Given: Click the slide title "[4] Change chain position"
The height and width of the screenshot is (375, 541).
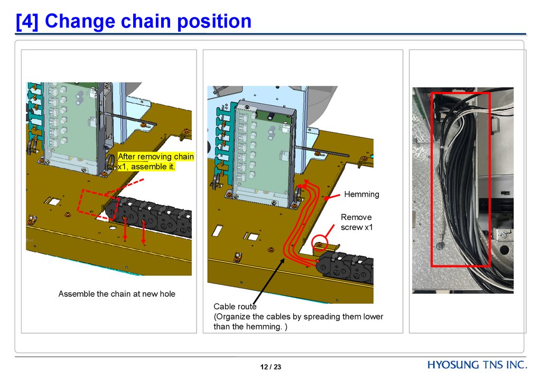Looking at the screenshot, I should click(134, 21).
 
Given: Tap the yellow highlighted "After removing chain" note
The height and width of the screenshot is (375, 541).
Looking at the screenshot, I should click(155, 157).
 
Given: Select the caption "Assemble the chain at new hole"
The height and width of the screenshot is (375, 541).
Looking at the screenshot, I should click(117, 294).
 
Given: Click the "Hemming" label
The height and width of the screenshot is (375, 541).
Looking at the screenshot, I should click(361, 194).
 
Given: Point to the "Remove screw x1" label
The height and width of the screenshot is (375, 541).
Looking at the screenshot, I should click(356, 222).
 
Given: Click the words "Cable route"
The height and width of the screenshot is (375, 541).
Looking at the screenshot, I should click(235, 307).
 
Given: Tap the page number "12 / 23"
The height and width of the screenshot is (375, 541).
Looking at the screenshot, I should click(270, 367).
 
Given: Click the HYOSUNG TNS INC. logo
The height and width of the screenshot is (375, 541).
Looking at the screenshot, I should click(477, 365).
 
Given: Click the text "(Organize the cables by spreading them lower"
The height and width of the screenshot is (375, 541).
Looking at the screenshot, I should click(298, 317).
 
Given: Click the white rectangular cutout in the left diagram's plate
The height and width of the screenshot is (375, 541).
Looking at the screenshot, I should click(54, 202).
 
